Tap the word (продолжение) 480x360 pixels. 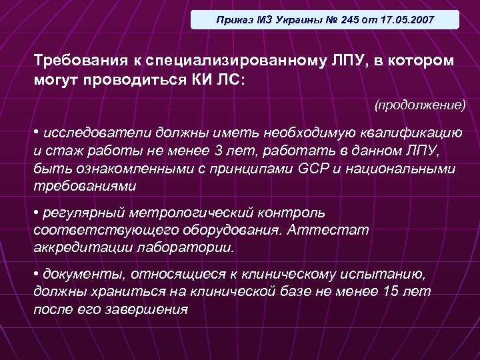[x=419, y=105]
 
